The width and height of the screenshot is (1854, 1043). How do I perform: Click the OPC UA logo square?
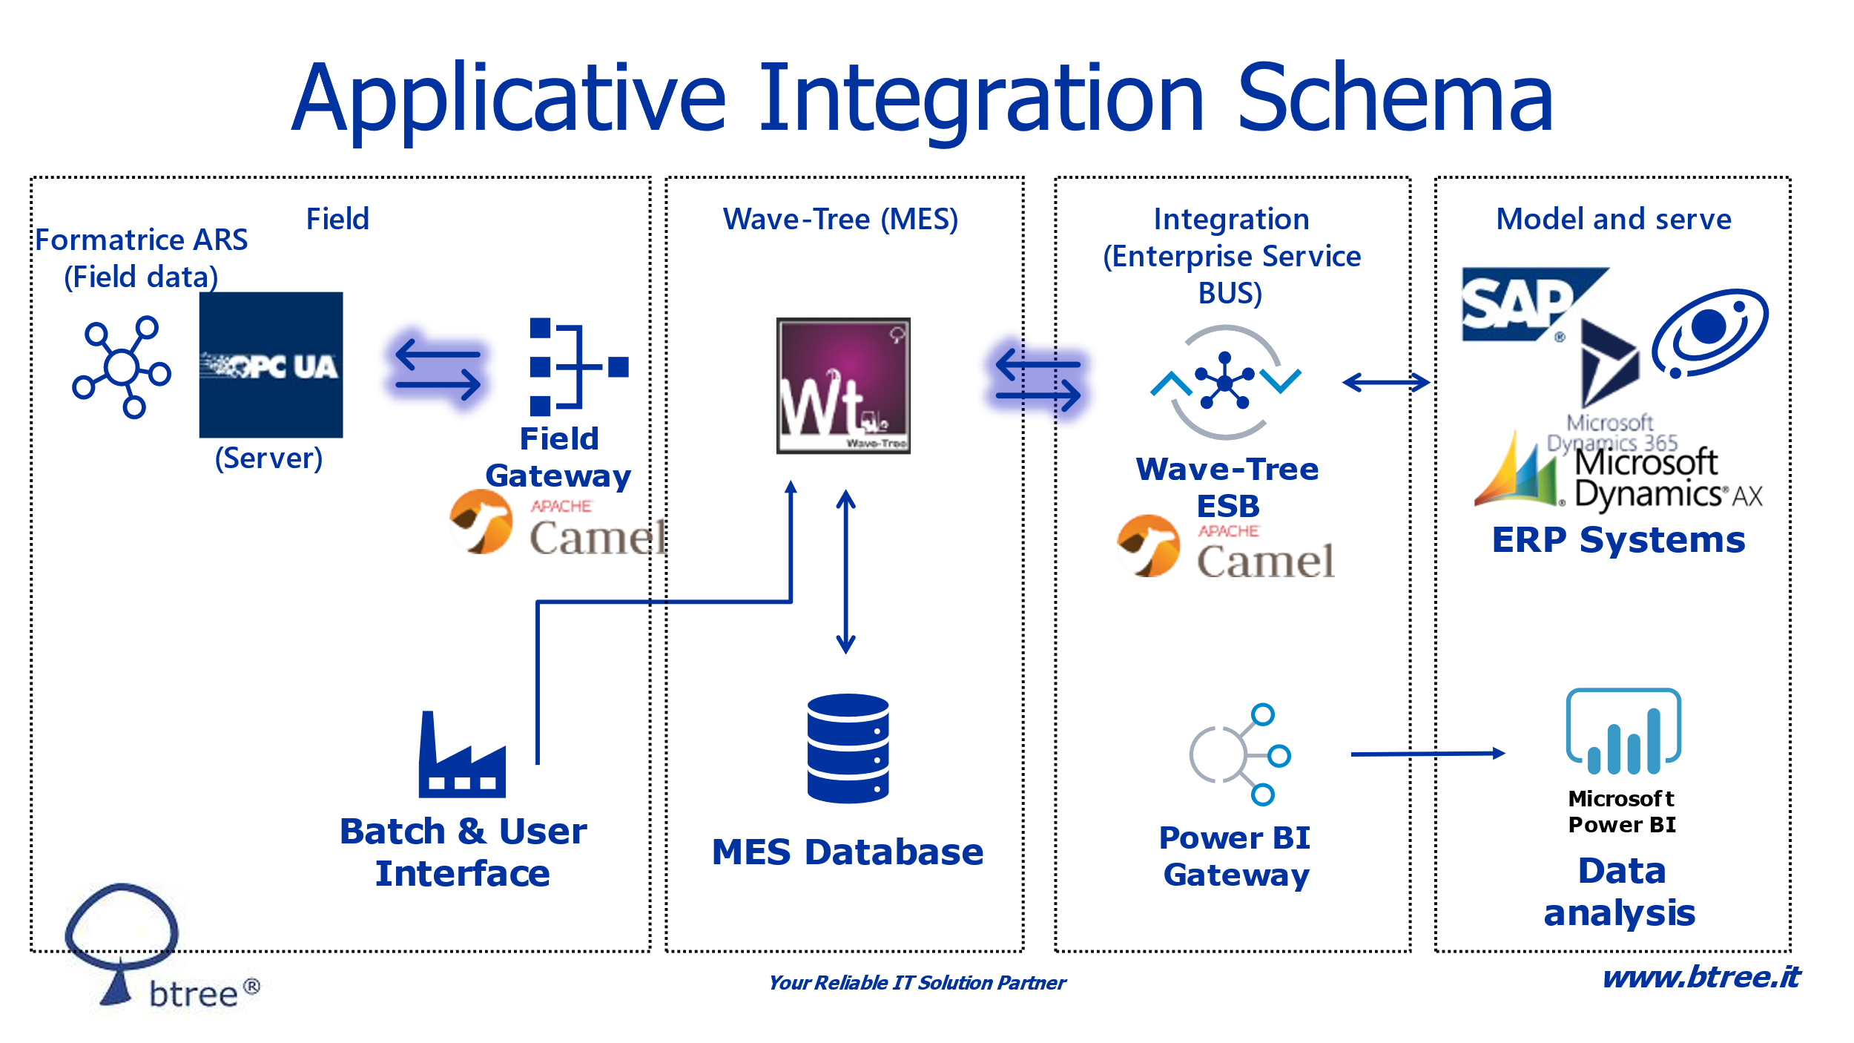(271, 365)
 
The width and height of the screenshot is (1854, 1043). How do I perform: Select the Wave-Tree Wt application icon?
(843, 386)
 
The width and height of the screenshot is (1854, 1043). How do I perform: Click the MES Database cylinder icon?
(848, 748)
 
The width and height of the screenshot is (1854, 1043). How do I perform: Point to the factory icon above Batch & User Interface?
(462, 754)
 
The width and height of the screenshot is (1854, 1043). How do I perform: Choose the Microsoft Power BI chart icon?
(1623, 731)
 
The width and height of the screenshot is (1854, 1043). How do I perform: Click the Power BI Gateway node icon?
(1240, 754)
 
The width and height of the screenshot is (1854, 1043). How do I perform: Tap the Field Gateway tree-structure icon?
(579, 366)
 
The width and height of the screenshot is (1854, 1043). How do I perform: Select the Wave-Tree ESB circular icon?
(1226, 383)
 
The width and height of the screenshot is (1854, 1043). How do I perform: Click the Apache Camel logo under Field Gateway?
(558, 524)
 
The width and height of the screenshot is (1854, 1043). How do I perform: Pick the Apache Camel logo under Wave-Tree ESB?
(1225, 547)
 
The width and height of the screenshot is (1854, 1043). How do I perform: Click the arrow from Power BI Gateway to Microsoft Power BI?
(1428, 754)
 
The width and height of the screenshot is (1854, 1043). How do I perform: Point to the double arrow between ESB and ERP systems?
(1386, 383)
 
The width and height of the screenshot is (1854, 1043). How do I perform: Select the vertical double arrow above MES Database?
(846, 571)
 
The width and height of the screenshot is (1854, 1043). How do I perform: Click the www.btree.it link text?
(1701, 977)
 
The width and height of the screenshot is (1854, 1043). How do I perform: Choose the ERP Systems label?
(1618, 540)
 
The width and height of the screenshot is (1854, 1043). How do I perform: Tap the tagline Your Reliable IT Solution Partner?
(917, 983)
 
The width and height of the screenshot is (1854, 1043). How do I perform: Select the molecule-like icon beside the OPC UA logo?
(122, 367)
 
